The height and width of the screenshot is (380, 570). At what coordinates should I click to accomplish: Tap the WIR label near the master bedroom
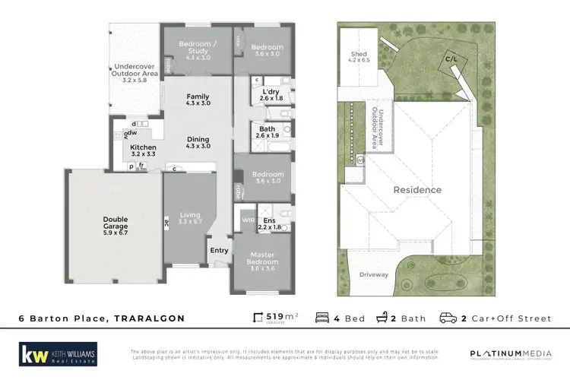point(245,220)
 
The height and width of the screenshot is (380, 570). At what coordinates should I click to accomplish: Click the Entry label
point(219,250)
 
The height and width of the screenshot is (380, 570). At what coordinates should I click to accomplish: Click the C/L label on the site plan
point(451,59)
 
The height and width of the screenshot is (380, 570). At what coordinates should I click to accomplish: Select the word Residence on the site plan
point(416,190)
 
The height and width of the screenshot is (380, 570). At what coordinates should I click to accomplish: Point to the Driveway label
point(374,274)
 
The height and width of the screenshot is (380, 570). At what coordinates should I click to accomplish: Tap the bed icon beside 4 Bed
point(322,318)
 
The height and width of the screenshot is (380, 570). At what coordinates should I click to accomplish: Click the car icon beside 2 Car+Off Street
point(448,318)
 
